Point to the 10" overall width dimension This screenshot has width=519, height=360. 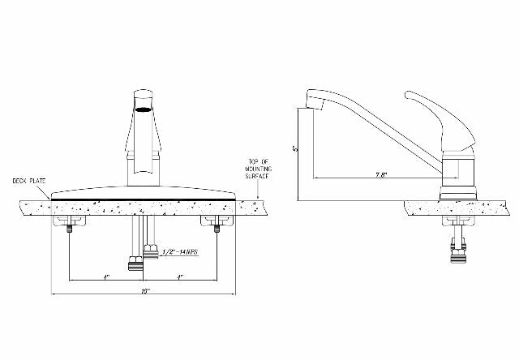coord(145,290)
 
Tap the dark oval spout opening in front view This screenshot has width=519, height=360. coord(144,111)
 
